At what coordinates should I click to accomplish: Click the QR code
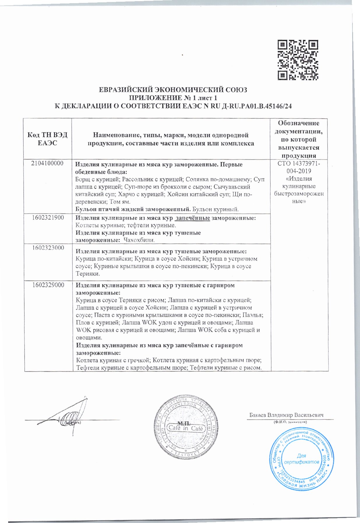297,60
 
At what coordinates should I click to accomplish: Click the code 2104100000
47,163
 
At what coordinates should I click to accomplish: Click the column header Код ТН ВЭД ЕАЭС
48,139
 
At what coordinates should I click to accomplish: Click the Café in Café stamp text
185,428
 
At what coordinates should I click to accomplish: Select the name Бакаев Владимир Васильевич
286,415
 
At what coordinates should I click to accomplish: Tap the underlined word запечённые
192,218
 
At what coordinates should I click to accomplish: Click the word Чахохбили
139,240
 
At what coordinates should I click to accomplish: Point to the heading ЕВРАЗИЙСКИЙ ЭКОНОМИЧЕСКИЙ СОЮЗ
173,90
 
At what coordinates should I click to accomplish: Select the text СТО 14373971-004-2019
299,167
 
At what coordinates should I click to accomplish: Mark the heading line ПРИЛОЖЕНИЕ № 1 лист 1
173,98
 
